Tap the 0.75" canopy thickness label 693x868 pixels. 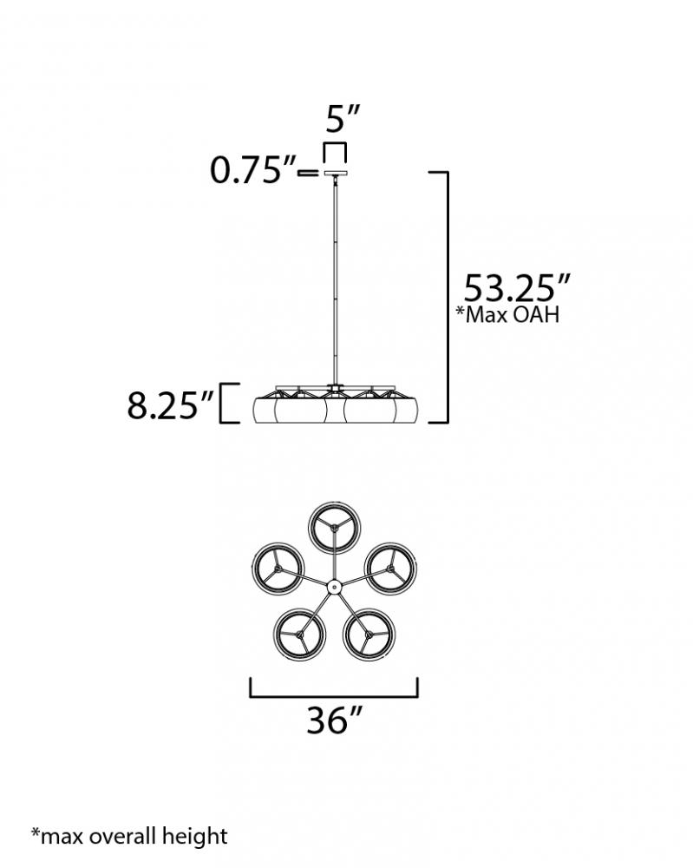pyautogui.click(x=253, y=170)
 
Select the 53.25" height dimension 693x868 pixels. pyautogui.click(x=517, y=288)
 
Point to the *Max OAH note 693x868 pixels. pyautogui.click(x=507, y=314)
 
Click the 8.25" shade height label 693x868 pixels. pyautogui.click(x=170, y=405)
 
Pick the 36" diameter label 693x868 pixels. pyautogui.click(x=334, y=720)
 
